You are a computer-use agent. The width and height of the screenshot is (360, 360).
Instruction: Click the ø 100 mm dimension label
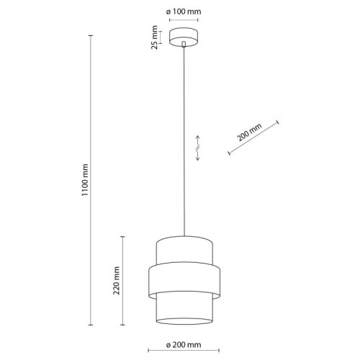pos(184,12)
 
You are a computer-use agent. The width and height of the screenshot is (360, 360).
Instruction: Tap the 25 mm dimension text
pos(154,37)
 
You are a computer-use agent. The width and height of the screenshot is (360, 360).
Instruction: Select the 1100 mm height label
pos(85,180)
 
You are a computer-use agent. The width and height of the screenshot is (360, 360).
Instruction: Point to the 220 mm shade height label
pos(117,281)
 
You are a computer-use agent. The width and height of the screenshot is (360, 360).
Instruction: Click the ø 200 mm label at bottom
pos(184,345)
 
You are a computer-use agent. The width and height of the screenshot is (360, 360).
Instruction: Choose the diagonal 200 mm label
pos(249,132)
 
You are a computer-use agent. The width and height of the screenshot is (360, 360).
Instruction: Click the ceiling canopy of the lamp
pos(184,37)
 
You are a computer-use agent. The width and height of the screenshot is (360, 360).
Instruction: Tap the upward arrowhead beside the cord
pos(198,138)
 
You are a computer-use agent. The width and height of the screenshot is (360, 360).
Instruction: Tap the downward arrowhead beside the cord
pos(198,158)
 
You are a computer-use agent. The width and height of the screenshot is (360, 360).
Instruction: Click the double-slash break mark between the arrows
pos(198,148)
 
